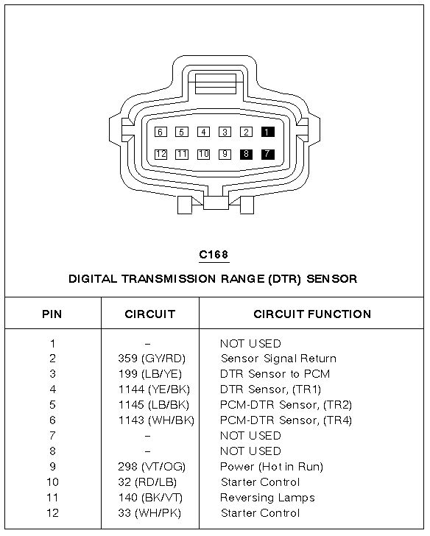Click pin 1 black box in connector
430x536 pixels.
click(267, 132)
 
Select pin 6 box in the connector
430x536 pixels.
click(161, 132)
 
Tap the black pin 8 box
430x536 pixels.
click(246, 154)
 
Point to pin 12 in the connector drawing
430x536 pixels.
click(161, 154)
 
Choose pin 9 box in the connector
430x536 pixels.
click(225, 154)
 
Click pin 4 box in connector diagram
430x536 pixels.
click(203, 132)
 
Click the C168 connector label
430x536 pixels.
click(214, 255)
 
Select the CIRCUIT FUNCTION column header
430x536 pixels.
click(312, 314)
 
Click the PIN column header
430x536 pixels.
click(52, 314)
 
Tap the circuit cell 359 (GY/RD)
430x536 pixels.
click(152, 359)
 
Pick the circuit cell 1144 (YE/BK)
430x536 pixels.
click(154, 389)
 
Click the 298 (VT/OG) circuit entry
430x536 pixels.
click(152, 467)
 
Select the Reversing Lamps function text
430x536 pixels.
click(267, 498)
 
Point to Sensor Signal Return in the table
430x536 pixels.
click(278, 359)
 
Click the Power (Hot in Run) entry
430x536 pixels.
click(272, 467)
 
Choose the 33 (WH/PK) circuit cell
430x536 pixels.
click(149, 513)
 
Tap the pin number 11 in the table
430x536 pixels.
click(52, 498)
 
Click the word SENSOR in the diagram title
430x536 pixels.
click(332, 279)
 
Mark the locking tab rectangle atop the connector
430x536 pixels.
click(216, 84)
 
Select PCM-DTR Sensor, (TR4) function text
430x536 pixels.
click(286, 420)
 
